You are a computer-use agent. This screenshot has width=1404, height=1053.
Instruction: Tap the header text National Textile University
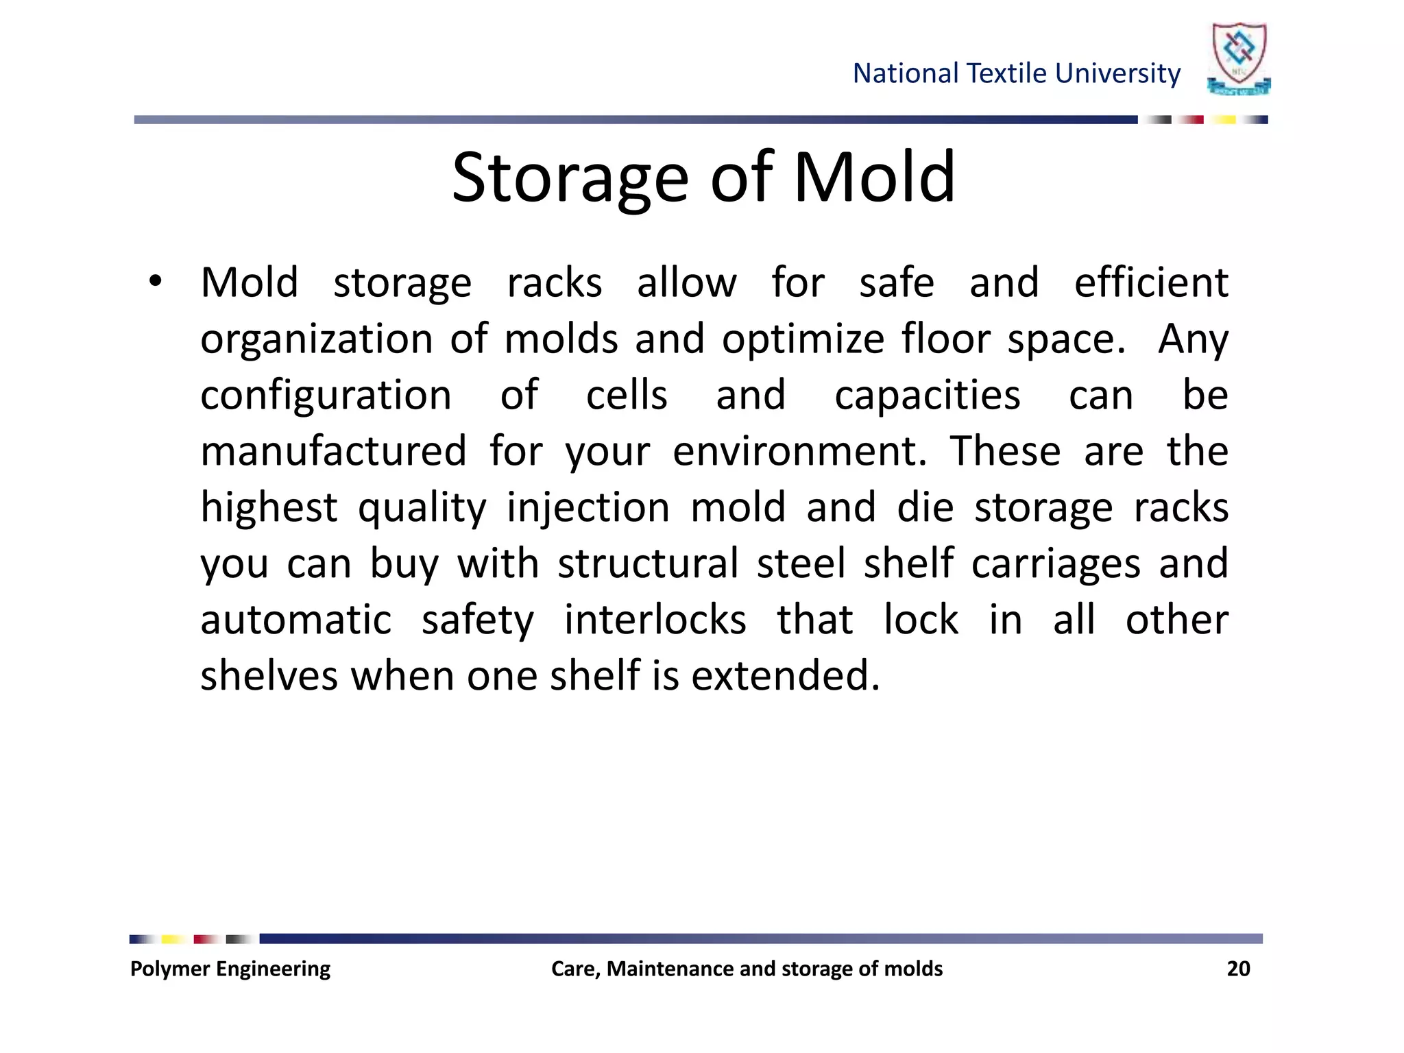pos(1016,73)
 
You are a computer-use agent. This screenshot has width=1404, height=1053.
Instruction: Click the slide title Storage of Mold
pos(703,178)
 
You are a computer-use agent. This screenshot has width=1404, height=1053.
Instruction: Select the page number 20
pos(1238,969)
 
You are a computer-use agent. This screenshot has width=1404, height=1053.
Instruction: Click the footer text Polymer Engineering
pos(230,969)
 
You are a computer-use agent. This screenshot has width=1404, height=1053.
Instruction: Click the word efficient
pos(1151,282)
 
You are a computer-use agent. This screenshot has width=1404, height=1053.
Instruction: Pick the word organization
pos(316,339)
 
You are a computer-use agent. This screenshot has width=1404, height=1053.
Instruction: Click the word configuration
pos(326,396)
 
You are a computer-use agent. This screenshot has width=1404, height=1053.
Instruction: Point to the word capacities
pos(927,396)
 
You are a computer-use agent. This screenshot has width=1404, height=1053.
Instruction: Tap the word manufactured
pos(333,451)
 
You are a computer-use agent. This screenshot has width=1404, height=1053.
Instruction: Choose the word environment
pos(799,451)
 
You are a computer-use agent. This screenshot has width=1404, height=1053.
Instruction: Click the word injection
pos(588,508)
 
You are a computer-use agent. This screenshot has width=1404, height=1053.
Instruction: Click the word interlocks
pos(655,620)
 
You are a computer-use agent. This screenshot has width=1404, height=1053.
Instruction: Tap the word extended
pos(785,676)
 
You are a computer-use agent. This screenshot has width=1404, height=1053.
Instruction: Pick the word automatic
pos(295,620)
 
